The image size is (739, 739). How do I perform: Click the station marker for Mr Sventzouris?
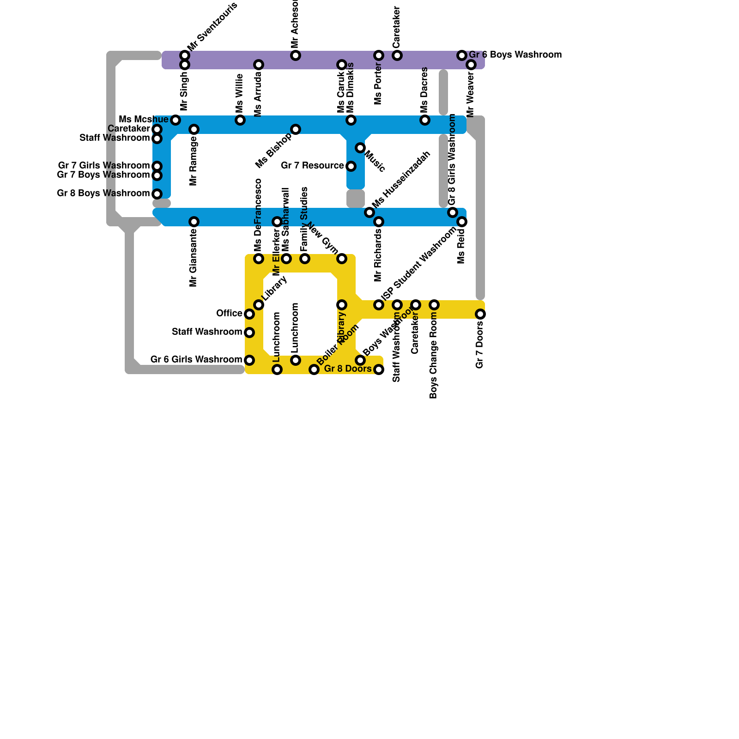click(185, 55)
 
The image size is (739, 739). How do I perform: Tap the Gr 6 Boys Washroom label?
click(515, 55)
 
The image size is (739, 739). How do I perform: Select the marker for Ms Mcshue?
click(176, 120)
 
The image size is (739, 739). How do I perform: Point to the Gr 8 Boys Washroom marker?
click(157, 194)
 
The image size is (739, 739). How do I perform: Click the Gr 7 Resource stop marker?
click(351, 166)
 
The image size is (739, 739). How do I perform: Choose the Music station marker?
click(360, 148)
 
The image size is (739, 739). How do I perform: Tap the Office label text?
click(229, 314)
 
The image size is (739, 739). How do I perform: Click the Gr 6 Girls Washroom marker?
click(249, 360)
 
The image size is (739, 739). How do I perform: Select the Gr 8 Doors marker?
click(379, 369)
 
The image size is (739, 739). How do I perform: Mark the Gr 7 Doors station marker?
click(480, 314)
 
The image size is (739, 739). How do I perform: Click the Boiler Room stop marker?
click(314, 369)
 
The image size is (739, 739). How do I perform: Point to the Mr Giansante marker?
click(194, 222)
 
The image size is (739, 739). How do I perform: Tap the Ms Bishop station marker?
click(296, 129)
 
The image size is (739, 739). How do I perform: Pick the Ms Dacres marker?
click(425, 120)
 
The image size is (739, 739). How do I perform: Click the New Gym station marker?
click(342, 259)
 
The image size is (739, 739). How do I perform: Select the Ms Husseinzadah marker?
click(369, 212)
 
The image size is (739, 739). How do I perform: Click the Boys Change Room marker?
click(434, 305)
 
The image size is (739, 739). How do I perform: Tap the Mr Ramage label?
click(194, 161)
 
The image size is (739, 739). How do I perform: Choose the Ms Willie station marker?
click(240, 120)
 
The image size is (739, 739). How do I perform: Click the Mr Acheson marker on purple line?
click(296, 55)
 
